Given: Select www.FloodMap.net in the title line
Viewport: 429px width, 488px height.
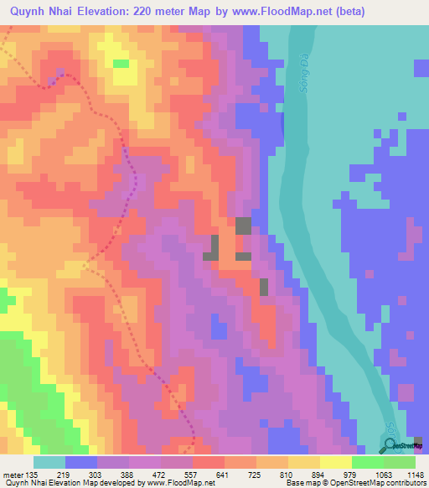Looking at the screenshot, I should (309, 13).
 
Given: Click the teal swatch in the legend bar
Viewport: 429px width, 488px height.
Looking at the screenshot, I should (49, 462).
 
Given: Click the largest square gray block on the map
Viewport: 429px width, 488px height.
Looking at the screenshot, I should (243, 225).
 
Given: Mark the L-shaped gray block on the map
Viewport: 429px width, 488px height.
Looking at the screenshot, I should (214, 247).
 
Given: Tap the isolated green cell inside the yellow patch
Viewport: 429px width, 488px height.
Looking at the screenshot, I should (121, 63).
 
